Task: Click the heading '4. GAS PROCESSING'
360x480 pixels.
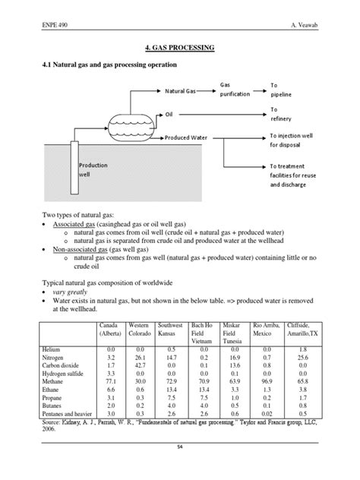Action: [x=179, y=48]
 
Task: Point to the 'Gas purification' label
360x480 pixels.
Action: [x=235, y=89]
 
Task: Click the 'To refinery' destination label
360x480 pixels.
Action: [x=284, y=114]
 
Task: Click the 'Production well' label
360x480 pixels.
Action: [x=93, y=169]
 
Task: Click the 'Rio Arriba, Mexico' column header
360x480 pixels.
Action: [x=267, y=329]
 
